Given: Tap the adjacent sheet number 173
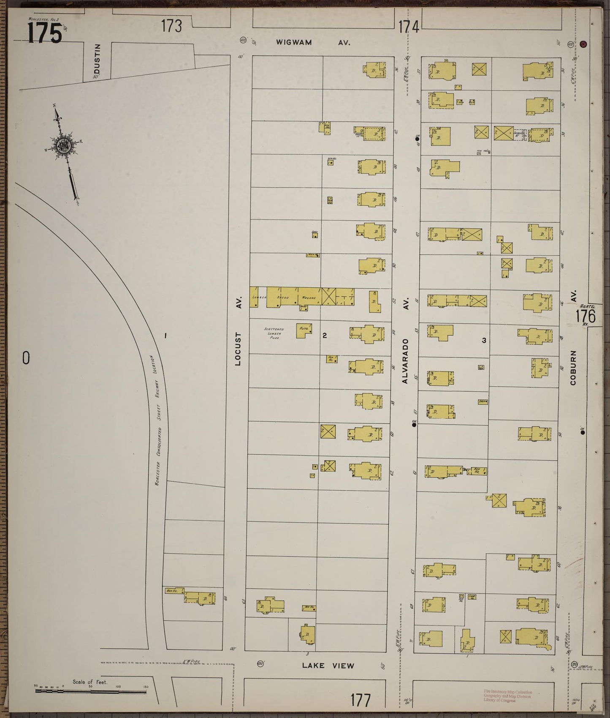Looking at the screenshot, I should [x=171, y=26].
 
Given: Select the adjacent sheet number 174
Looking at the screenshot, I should [x=409, y=27].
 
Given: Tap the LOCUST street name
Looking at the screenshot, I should [x=238, y=349].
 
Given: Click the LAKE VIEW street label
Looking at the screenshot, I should [x=328, y=665].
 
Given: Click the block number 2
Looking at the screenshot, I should [x=325, y=336].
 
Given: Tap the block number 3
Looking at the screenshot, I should [x=484, y=340].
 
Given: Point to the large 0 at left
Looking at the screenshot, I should [x=26, y=358].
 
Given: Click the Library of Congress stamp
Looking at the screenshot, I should [x=508, y=695].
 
